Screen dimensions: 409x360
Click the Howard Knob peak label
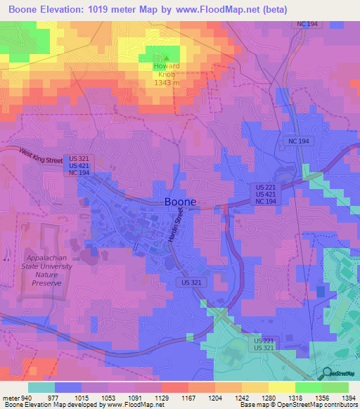point(168,70)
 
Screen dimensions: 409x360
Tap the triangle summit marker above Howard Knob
point(167,58)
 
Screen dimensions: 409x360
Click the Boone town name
point(180,202)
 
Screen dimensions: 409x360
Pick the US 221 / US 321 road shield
point(263,344)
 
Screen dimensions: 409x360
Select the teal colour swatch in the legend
point(41,387)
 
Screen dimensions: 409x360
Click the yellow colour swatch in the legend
point(281,387)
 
